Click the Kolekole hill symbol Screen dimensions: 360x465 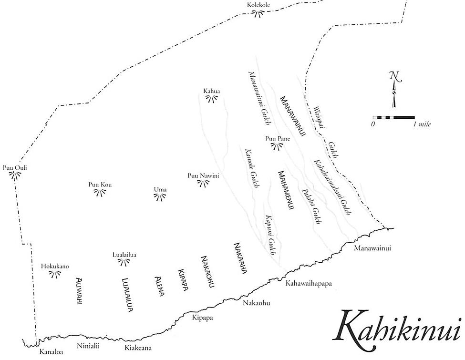[258, 13]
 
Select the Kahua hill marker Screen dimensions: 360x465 [212, 98]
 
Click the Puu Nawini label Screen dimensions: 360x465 [203, 176]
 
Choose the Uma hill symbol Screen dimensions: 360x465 [160, 196]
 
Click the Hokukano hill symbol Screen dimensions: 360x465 [56, 273]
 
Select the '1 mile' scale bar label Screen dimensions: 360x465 [422, 124]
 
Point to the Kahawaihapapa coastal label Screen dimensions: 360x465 [308, 284]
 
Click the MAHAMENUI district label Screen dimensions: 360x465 [286, 190]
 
